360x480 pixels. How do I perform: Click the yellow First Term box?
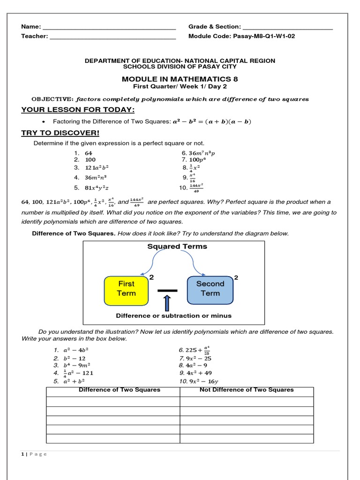(126, 289)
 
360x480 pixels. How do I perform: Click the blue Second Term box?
(210, 289)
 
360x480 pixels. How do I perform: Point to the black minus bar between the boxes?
(168, 291)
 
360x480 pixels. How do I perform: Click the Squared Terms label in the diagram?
(177, 247)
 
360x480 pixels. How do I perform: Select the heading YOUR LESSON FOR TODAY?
(78, 110)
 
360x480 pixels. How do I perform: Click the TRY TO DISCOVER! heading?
(60, 133)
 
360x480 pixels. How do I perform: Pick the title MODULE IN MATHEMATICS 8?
(180, 79)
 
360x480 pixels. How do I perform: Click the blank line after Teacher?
(112, 37)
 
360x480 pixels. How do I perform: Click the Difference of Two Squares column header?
(120, 390)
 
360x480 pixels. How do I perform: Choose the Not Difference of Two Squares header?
(247, 390)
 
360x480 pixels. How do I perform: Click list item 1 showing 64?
(89, 153)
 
